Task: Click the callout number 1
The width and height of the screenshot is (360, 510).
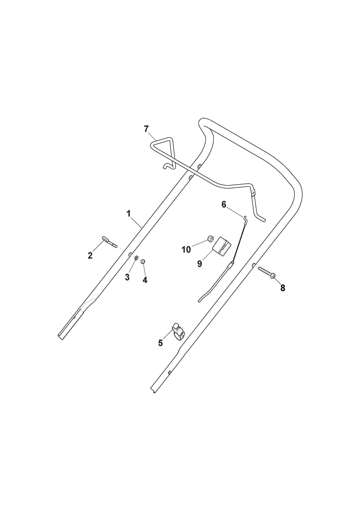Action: (x=128, y=214)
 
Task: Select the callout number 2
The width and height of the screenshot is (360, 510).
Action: (x=90, y=256)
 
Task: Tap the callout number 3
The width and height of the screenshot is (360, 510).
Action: (x=127, y=277)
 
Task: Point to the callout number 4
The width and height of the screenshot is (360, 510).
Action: (x=145, y=279)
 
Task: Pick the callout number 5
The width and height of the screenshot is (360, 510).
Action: (x=160, y=343)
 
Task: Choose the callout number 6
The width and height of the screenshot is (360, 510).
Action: (x=224, y=205)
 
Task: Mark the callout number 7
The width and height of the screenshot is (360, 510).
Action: (x=146, y=129)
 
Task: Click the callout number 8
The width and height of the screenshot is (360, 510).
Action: (x=282, y=288)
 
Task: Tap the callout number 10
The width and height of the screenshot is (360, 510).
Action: (x=186, y=250)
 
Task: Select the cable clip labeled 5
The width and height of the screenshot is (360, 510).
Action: (x=178, y=331)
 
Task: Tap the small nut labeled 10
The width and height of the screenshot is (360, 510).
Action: (x=210, y=240)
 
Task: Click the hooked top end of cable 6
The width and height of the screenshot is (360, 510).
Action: (x=246, y=218)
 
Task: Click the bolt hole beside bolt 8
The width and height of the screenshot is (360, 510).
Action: (x=254, y=265)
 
